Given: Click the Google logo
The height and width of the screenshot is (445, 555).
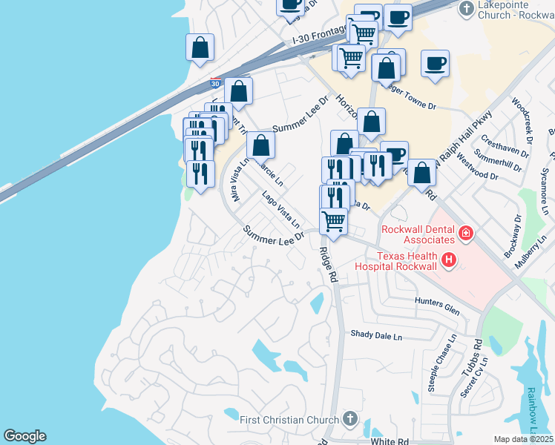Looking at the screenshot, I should point(24,436).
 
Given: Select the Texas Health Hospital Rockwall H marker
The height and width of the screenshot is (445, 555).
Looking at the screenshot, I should point(448,260).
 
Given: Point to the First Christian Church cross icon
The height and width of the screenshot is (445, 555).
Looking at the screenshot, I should point(349,420).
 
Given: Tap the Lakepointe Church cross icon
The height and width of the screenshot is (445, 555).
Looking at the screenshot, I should point(466,9).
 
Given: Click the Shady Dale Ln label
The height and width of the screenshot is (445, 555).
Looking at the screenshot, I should point(375,335).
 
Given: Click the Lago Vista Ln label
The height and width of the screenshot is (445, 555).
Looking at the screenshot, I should point(281,209).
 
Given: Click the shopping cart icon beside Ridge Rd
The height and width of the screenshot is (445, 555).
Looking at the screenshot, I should point(334,220).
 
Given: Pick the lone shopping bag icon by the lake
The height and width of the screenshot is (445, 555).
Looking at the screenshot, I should point(200,47).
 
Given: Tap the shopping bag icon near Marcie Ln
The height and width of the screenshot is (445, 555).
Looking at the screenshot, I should point(260,145).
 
